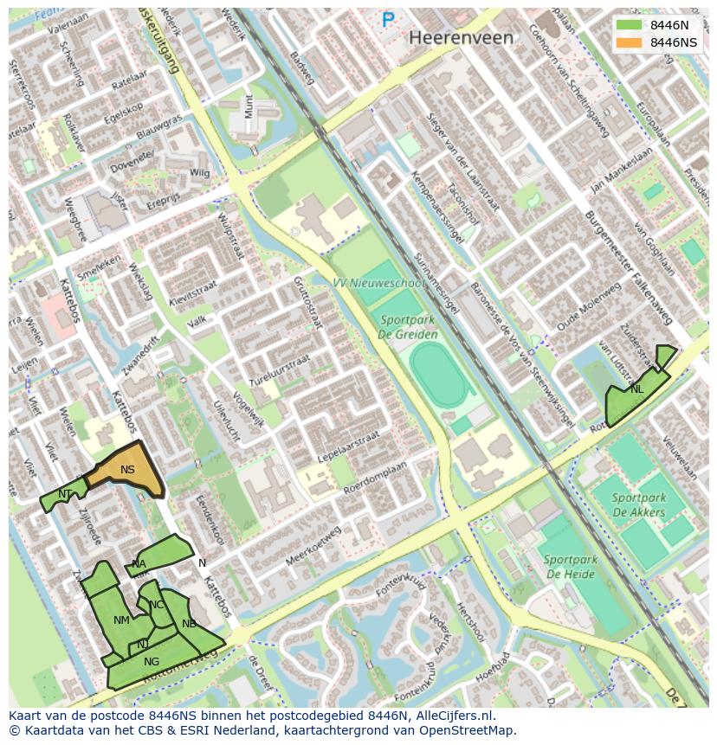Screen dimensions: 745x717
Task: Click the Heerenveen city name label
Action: coord(461,38)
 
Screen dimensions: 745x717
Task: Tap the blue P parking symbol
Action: coord(388,19)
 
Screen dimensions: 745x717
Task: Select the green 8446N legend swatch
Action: coord(629,25)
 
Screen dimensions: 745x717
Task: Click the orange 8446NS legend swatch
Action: coord(629,42)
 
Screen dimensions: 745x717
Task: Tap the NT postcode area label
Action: coord(65,494)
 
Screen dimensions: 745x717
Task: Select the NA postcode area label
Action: coord(139,564)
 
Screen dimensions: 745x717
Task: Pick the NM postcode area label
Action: coord(121,620)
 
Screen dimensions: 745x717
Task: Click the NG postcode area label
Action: coord(152,662)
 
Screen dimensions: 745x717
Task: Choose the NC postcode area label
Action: coord(156,605)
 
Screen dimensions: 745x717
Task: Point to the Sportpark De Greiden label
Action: coord(409,327)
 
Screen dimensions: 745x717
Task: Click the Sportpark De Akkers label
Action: coord(638,504)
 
